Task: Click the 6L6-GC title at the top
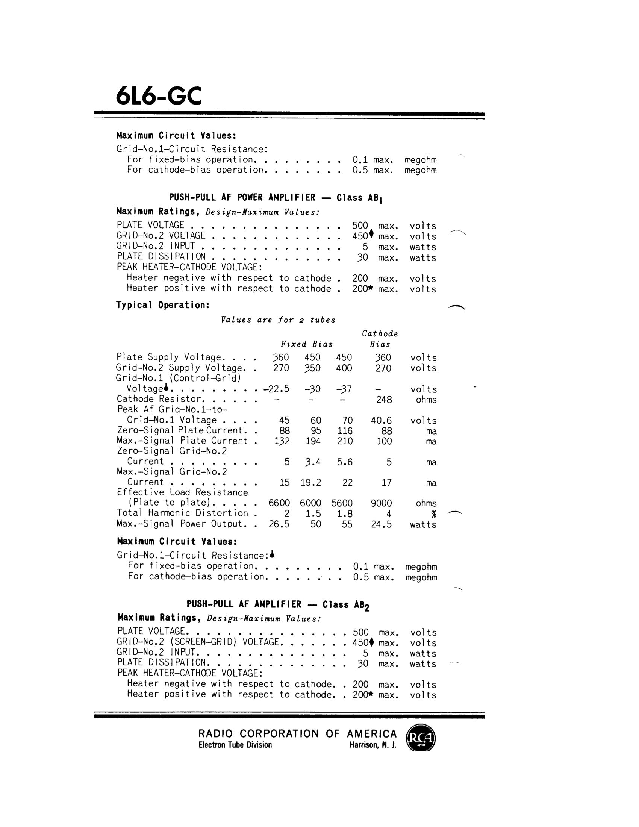(x=159, y=96)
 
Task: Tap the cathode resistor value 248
(x=384, y=400)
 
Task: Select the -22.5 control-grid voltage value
(x=277, y=389)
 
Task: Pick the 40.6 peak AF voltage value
(x=381, y=421)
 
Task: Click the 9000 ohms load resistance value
(x=381, y=503)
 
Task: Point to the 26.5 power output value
(x=279, y=524)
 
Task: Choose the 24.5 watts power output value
(x=381, y=524)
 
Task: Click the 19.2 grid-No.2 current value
(x=311, y=482)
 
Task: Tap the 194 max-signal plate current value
(x=313, y=441)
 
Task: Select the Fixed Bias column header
(x=307, y=344)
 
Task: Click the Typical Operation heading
(x=163, y=305)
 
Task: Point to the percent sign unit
(x=434, y=514)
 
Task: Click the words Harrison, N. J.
(x=373, y=745)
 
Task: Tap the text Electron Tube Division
(x=235, y=745)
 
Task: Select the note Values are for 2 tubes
(x=278, y=320)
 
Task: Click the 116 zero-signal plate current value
(x=344, y=431)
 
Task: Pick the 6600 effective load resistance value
(x=279, y=503)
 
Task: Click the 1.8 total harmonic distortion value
(x=344, y=514)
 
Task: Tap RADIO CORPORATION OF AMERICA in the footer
(x=297, y=734)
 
